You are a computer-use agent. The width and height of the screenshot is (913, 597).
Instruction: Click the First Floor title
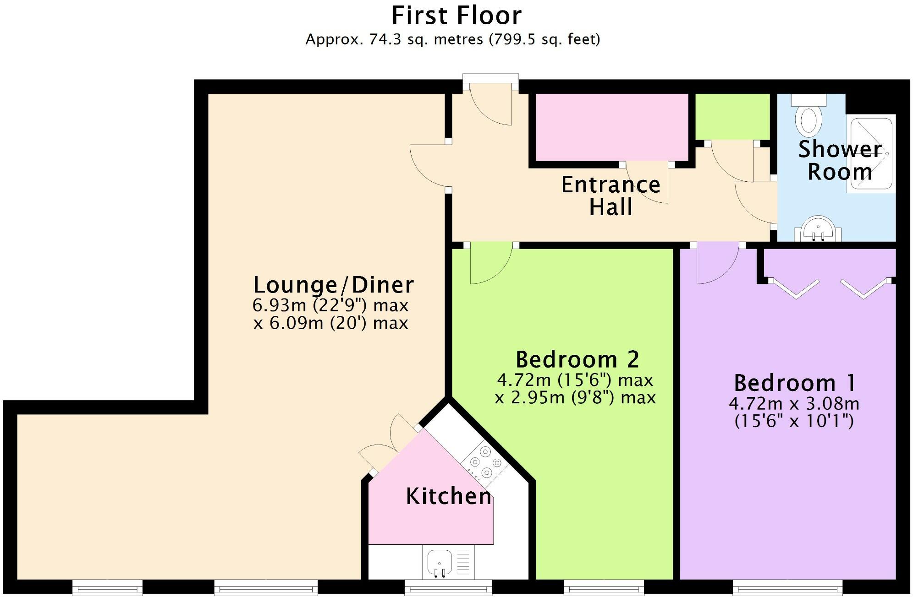[x=456, y=16]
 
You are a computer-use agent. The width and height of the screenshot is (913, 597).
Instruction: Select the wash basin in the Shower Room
[x=818, y=228]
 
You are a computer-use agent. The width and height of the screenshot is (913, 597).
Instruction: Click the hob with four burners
[x=485, y=463]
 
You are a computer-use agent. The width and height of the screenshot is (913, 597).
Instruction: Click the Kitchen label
[x=448, y=496]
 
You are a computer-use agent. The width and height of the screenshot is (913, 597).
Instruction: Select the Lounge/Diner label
[x=333, y=285]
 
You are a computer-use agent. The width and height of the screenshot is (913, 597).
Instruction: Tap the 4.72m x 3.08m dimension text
[x=794, y=404]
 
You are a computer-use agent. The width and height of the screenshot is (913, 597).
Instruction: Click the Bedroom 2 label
[x=577, y=360]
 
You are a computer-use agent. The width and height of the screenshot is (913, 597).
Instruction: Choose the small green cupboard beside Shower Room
[x=732, y=116]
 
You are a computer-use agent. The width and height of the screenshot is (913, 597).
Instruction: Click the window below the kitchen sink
[x=448, y=586]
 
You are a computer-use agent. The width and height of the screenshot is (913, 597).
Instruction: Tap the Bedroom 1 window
[x=787, y=586]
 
